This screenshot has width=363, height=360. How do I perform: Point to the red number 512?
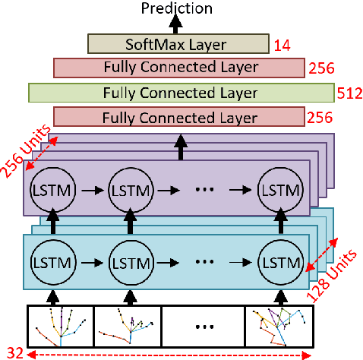(346, 93)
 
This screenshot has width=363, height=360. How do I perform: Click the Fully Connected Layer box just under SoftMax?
(180, 68)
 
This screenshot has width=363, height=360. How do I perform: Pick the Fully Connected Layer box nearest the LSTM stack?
(180, 117)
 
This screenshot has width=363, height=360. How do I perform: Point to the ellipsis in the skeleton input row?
(203, 327)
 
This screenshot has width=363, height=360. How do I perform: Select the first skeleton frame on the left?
(60, 327)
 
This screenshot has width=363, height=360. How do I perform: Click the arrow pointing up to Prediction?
(180, 25)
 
